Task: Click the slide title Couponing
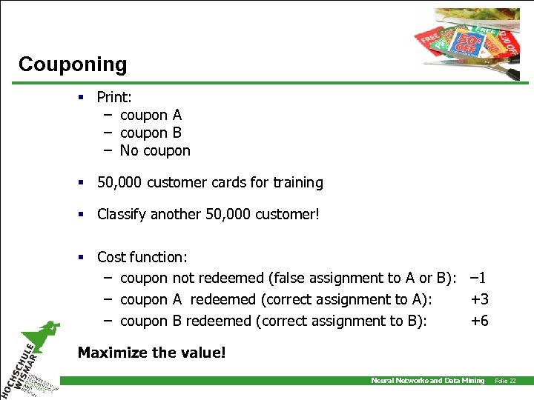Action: pos(73,64)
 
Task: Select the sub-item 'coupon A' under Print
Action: pos(151,115)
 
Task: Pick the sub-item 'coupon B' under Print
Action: pos(151,133)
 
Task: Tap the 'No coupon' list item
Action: pos(155,150)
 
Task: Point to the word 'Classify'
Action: pos(122,214)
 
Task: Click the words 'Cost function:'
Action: pos(142,257)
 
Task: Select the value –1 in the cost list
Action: pos(478,279)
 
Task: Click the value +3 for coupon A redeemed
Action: pos(480,299)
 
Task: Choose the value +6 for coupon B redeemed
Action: pos(480,321)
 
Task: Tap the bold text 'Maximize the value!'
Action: pos(151,353)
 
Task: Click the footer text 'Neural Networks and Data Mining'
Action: pos(427,381)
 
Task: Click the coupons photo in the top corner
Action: pos(467,41)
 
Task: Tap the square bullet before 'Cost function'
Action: pos(83,257)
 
